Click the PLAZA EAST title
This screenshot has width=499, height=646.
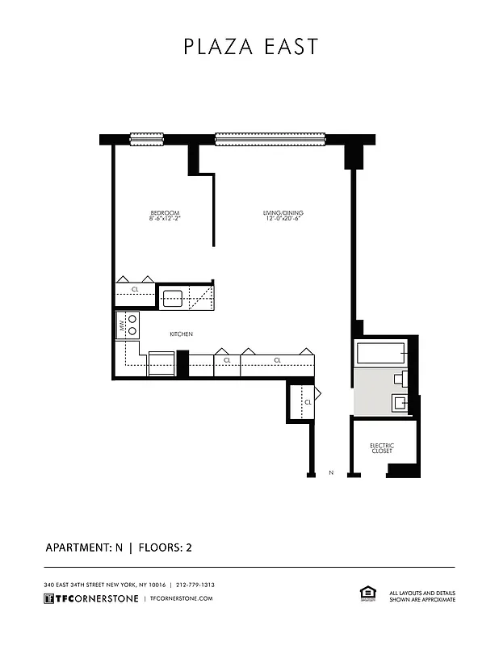point(250,47)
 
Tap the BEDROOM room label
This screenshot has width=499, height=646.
point(164,213)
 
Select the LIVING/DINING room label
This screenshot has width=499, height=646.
point(283,213)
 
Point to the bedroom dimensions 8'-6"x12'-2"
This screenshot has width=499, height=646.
point(164,219)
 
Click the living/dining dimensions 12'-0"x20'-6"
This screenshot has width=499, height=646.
point(283,219)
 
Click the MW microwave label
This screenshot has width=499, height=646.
point(123,326)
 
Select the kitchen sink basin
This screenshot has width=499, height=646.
point(174,297)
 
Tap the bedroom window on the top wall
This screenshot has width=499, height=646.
point(147,139)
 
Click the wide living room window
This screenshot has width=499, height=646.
point(270,139)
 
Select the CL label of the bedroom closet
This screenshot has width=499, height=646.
point(135,288)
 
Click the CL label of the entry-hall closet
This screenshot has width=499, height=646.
point(308,401)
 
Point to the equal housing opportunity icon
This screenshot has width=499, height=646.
point(365,594)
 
